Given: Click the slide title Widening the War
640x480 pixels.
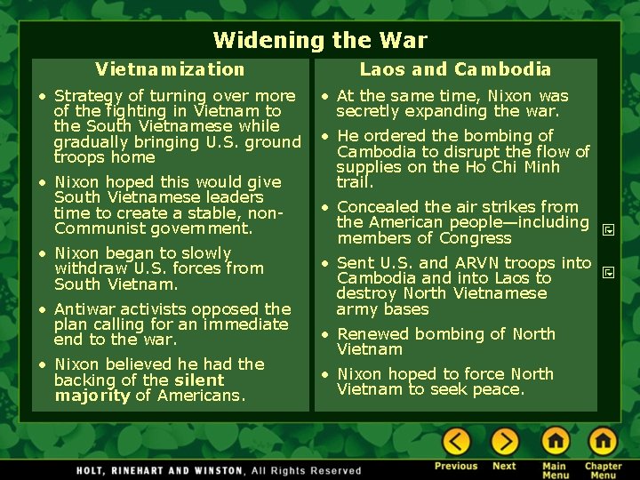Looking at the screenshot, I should click(x=320, y=40).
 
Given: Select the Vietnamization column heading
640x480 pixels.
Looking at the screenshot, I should click(x=170, y=69).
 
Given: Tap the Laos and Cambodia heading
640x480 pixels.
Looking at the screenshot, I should click(x=455, y=69).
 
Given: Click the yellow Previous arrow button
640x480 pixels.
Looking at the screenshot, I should click(x=456, y=441).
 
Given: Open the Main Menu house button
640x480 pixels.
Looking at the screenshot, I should click(x=556, y=441).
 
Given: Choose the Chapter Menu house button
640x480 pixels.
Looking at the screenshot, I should click(x=603, y=441).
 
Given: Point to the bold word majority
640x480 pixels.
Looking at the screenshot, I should click(x=92, y=396).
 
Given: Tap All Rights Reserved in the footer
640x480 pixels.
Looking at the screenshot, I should click(x=307, y=469).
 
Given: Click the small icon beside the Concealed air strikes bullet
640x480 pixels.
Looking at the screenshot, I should click(x=609, y=229).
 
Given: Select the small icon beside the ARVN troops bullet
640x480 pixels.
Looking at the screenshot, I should click(x=609, y=271).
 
